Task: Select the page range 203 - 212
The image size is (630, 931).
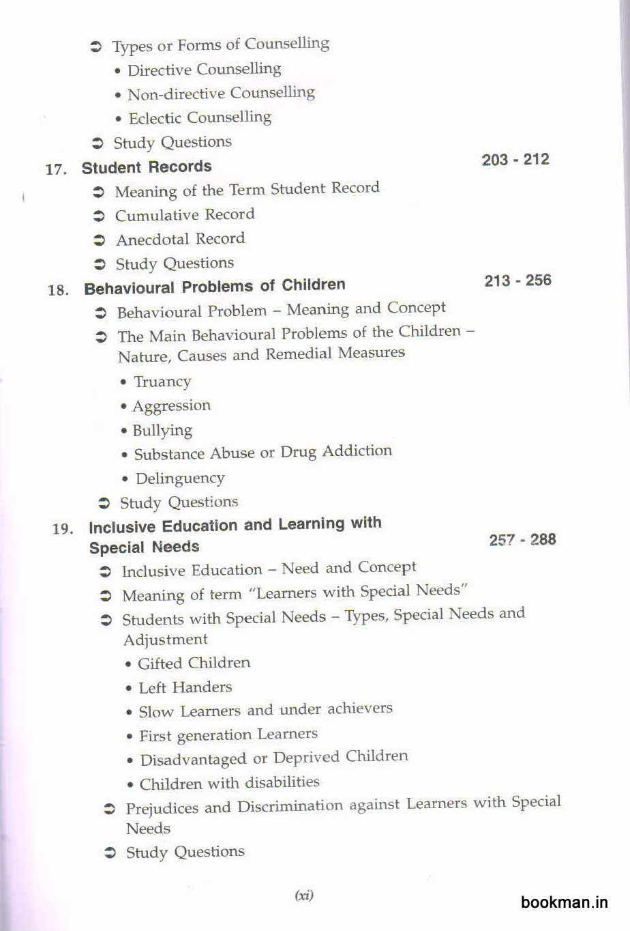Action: coord(515,160)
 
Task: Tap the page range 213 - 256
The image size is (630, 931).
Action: coord(517,281)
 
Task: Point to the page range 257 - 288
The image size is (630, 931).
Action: coord(522,540)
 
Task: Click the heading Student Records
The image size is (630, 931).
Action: coord(147,167)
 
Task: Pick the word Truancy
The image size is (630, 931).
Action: coord(162,382)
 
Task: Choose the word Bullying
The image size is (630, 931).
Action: coord(162,431)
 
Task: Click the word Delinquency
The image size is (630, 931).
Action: coord(180,478)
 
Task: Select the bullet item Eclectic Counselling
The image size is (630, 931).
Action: coord(200,117)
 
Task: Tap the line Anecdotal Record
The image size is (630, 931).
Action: coord(180,240)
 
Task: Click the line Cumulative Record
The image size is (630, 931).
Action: coord(184,215)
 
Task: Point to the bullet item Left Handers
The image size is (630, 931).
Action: coord(185,687)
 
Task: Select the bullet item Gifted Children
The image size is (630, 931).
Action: coord(194,663)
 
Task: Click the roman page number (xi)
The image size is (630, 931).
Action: coord(304,896)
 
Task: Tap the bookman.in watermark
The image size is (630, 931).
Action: coord(564,902)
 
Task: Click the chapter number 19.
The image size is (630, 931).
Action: coord(62,529)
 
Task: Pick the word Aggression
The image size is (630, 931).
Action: coord(172,406)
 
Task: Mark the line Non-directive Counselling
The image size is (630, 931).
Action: coord(221,94)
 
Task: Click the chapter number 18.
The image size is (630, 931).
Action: coord(58,290)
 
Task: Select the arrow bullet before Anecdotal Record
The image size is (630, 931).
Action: coord(100,240)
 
